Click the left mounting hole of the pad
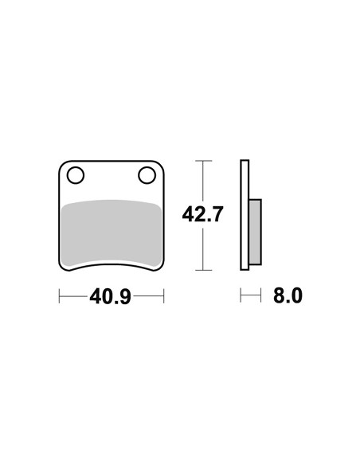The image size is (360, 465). pos(76,175)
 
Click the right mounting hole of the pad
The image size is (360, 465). pos(147,175)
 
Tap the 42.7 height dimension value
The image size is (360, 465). pos(202,214)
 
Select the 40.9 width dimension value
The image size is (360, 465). pos(111,296)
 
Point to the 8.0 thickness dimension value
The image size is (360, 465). pos(288,295)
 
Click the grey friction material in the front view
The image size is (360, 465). pos(112,232)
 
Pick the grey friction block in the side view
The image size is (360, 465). pos(255,232)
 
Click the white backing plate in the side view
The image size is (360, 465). pos(245,215)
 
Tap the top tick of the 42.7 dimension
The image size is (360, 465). pos(203,160)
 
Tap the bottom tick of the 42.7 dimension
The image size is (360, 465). pos(203,270)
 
